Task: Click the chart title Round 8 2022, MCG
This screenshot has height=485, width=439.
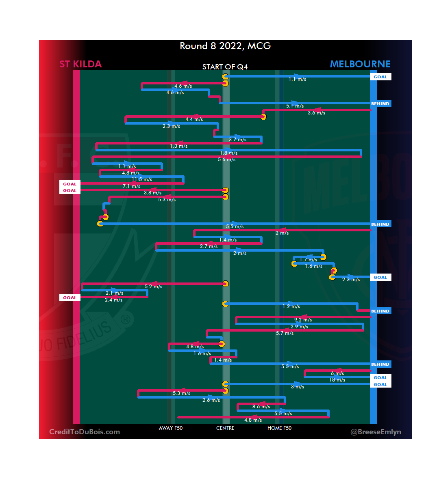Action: tap(225, 46)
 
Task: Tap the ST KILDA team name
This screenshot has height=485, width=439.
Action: tap(80, 64)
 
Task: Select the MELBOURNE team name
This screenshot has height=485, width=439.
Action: tap(360, 64)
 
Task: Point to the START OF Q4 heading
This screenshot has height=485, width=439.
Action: tap(225, 67)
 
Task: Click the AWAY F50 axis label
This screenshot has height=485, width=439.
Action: tap(171, 428)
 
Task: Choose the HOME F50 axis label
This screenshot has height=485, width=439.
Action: tap(279, 428)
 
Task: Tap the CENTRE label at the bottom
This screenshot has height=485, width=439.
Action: tap(225, 428)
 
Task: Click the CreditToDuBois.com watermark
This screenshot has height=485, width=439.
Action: tap(85, 432)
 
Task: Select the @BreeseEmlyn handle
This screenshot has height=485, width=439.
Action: tap(376, 432)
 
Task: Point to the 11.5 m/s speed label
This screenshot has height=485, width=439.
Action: tap(142, 179)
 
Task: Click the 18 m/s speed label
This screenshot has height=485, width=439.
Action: tap(337, 380)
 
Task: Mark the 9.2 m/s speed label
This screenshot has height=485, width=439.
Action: tap(303, 320)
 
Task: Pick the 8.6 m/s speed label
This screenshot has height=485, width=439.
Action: tap(261, 407)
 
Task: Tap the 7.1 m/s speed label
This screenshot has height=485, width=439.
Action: tap(131, 186)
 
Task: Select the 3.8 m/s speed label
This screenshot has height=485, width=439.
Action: tap(152, 193)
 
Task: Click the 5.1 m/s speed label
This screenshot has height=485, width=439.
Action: tap(295, 106)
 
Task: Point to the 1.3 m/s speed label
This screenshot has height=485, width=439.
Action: tap(178, 146)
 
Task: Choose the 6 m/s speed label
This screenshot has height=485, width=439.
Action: tap(337, 373)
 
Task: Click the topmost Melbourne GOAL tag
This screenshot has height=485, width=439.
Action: tap(380, 77)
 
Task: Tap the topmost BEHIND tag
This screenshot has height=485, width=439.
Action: tap(380, 103)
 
